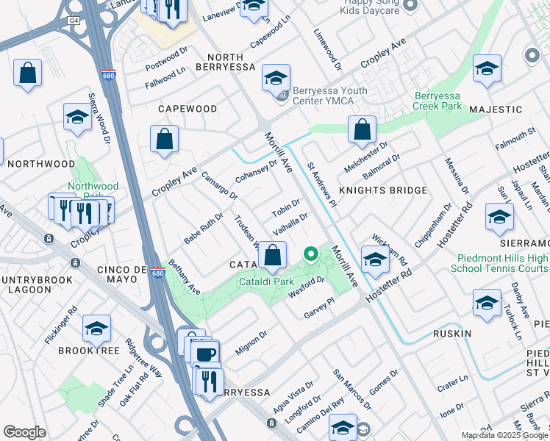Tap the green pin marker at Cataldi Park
pos(311,255)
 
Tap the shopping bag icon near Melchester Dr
pos(362,130)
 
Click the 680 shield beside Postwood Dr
pos(107,75)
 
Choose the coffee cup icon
pos(207,354)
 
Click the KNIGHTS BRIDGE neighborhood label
pos(382,190)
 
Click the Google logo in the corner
pos(25,432)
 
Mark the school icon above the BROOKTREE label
pos(97,330)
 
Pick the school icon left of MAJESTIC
pos(487,69)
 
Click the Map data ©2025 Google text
pos(504,435)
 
